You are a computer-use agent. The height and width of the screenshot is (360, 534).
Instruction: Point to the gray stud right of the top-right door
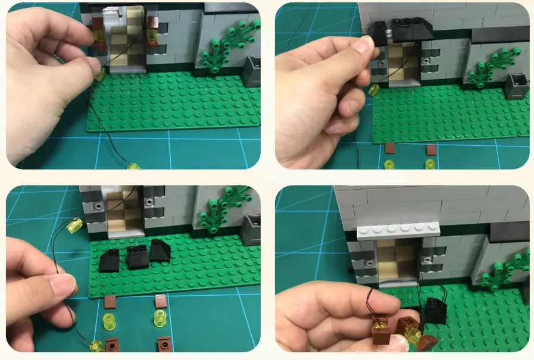click(x=426, y=61)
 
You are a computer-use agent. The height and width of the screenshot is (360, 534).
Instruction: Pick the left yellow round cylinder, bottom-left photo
click(x=108, y=321)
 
